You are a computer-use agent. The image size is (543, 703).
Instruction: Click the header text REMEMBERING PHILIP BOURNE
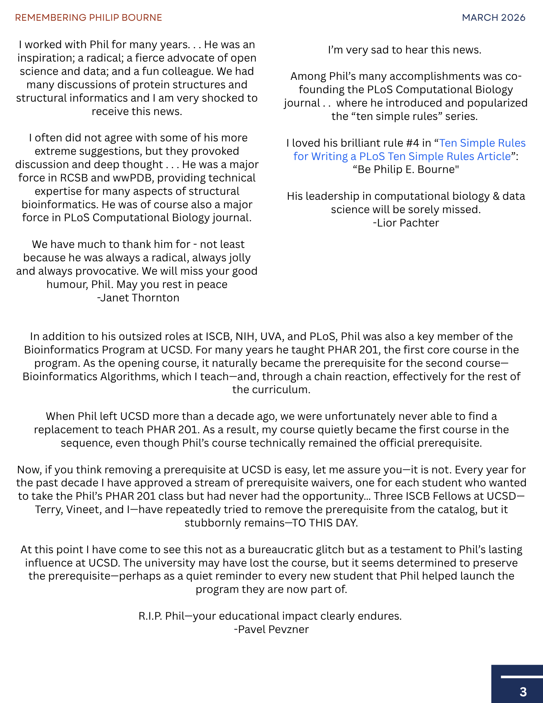point(89,18)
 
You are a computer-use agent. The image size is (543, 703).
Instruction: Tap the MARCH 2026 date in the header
point(493,18)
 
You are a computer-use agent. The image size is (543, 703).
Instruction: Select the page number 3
point(523,692)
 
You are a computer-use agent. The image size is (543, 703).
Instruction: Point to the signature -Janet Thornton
point(138,298)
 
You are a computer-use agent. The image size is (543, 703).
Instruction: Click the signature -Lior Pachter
point(406,223)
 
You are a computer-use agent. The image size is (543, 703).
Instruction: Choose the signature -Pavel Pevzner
point(271,629)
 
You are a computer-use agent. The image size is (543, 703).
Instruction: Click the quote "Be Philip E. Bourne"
point(406,170)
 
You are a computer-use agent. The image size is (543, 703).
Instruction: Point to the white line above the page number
point(522,677)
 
